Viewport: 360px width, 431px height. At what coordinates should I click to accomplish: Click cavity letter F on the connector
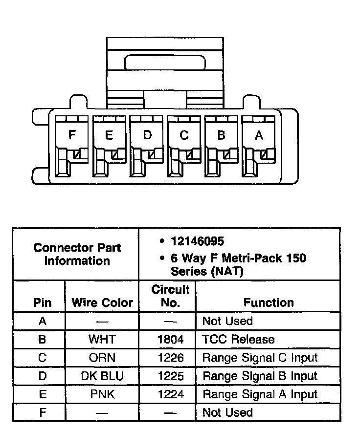72,135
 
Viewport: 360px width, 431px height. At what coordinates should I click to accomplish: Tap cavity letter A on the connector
259,135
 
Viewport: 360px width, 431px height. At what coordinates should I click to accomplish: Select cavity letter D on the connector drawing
147,135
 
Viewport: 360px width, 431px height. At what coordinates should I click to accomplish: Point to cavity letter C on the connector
184,135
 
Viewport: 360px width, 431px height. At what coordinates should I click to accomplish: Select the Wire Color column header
102,302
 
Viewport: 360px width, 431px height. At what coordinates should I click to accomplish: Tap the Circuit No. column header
170,296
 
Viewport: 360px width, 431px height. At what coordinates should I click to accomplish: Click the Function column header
269,302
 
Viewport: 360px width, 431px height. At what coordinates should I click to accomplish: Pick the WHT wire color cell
102,339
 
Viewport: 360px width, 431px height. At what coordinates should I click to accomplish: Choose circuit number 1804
171,339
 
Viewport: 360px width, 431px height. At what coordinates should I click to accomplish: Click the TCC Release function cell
238,339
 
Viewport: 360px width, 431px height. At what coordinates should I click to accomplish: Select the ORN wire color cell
102,358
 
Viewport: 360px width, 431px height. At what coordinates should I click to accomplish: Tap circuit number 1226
171,358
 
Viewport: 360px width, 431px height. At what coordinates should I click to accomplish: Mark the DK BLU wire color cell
102,376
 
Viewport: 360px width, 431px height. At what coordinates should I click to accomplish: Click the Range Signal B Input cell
260,376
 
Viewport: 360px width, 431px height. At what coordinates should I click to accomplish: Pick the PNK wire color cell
102,394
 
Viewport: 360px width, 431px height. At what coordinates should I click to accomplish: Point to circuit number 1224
171,394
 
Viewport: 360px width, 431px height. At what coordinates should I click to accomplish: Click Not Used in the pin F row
227,412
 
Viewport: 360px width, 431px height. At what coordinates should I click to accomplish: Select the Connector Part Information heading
77,254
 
